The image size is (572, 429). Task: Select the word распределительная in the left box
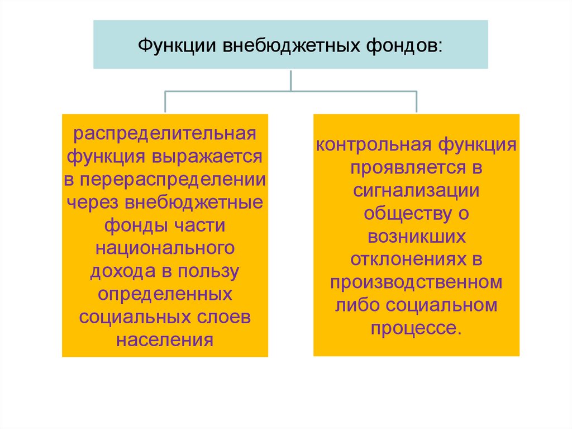tap(165, 135)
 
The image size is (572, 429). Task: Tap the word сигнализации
tap(416, 190)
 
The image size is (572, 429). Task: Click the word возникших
tap(416, 235)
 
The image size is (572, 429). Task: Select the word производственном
tap(416, 282)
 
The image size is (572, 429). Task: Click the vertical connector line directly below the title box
tap(290, 79)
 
